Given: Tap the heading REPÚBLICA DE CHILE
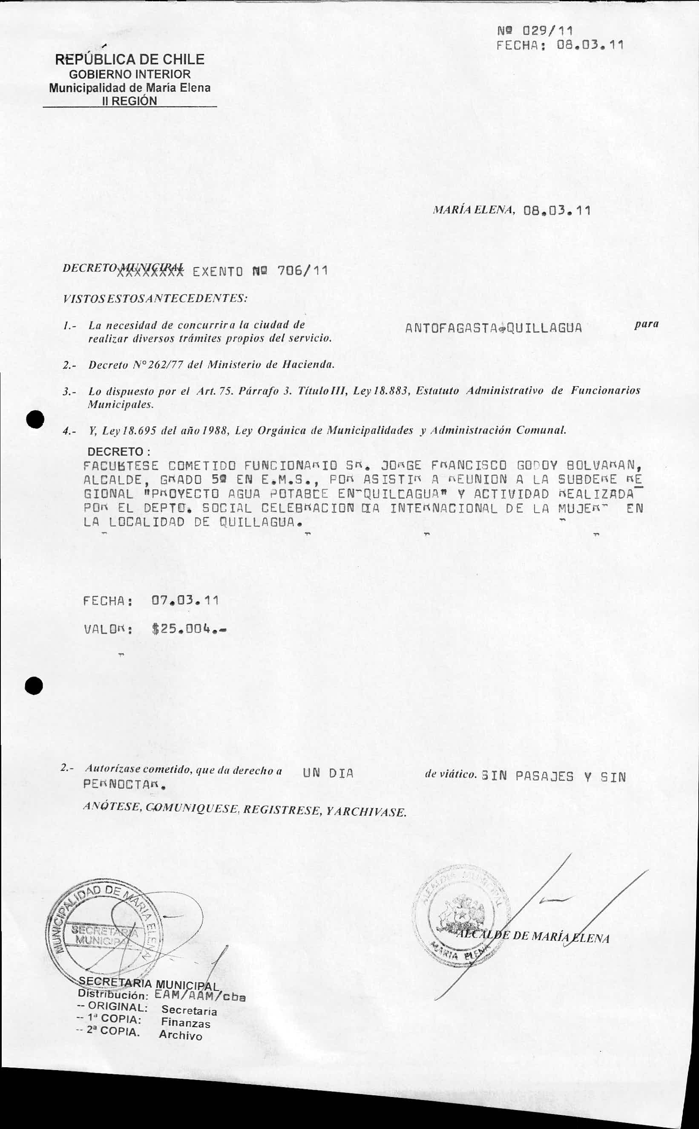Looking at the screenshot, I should [129, 59].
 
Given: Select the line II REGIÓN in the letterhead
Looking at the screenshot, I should [129, 101].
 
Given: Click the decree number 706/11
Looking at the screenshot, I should [302, 271].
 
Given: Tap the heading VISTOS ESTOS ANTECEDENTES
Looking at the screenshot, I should [155, 298].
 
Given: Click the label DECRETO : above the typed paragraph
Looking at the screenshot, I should [119, 451].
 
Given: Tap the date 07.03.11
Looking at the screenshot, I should [185, 601].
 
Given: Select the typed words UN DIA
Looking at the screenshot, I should [328, 773].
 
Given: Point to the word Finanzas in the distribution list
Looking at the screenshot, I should [185, 1022].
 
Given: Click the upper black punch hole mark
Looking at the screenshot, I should [35, 419].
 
